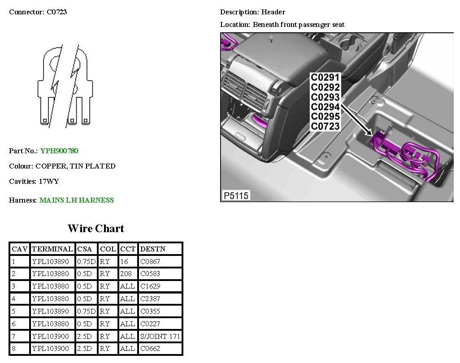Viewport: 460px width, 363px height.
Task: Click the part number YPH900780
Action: (59, 151)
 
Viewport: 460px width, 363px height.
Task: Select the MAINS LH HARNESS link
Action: (77, 200)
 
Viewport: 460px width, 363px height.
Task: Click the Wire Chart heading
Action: (96, 228)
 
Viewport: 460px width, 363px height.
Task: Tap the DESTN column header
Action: (153, 249)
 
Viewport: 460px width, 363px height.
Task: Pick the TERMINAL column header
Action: (52, 249)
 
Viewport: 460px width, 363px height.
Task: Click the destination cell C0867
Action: (150, 261)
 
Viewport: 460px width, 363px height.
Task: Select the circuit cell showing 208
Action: (126, 273)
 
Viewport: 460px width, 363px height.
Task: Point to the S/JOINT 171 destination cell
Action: (160, 336)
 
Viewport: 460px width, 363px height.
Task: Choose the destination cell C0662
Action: (150, 349)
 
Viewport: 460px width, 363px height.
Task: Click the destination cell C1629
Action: (150, 286)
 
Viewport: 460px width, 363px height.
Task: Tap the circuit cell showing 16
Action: (124, 261)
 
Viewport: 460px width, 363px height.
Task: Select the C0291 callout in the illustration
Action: (325, 78)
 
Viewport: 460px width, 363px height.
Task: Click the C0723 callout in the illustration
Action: (325, 126)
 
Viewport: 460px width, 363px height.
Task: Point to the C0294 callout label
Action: (325, 107)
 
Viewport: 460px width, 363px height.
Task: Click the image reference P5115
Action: (236, 195)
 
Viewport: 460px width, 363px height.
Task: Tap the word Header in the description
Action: (273, 12)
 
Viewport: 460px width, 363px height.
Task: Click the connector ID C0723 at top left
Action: (57, 12)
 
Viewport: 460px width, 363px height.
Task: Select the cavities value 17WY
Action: (49, 181)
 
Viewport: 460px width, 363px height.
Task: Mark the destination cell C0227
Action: (150, 324)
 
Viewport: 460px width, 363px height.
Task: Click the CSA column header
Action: (84, 249)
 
